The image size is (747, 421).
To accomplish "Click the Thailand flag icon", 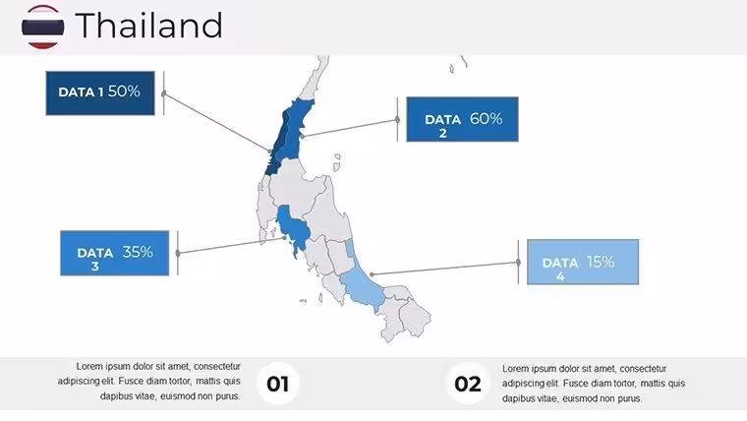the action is coord(43,27).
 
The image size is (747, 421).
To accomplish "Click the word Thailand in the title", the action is coord(148,26).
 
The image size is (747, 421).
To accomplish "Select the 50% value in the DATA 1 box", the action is coord(124,91).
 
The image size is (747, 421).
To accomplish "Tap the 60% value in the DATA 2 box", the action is coord(486,118).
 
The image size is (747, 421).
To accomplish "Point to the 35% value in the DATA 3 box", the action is coord(138,252).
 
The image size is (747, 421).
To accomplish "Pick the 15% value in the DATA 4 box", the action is coord(601,262).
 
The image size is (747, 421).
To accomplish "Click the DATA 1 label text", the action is coord(81,92).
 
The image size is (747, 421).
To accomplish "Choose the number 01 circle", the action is coord(278,384).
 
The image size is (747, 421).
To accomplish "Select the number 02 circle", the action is coord(467,384).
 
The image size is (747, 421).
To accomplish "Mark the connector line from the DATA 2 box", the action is coord(350,128).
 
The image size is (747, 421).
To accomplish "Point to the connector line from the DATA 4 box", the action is coord(445,269).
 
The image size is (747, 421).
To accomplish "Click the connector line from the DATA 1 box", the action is coord(217,123).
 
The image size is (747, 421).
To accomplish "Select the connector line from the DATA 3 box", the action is coord(231,246).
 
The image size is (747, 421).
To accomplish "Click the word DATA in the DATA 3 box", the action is coord(94,253).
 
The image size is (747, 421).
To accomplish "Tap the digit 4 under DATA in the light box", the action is coord(560,276).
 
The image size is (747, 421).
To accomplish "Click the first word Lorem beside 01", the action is coord(89,366).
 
